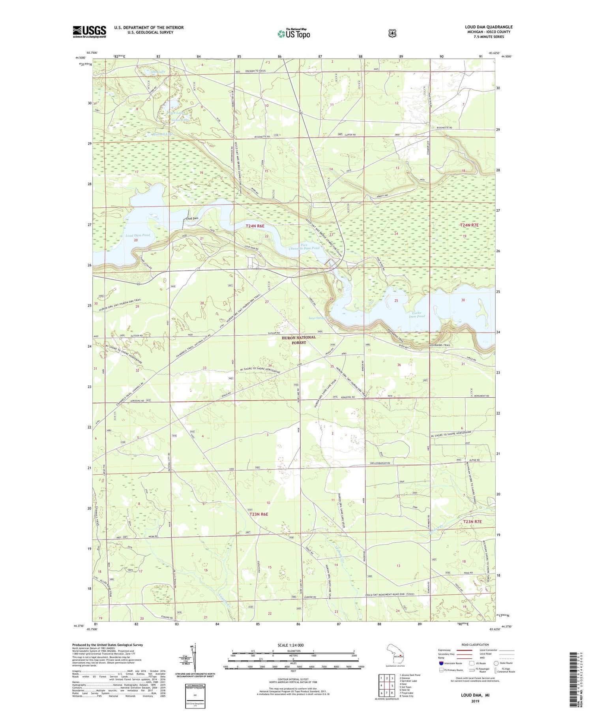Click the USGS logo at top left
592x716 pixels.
[x=89, y=32]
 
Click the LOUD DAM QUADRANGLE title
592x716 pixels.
[x=488, y=27]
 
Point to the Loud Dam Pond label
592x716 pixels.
[x=137, y=235]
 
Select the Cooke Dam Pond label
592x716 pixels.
[x=416, y=314]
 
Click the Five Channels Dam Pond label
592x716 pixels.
[x=303, y=246]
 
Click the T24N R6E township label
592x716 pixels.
[x=255, y=226]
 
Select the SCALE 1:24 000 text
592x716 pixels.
[x=290, y=645]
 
